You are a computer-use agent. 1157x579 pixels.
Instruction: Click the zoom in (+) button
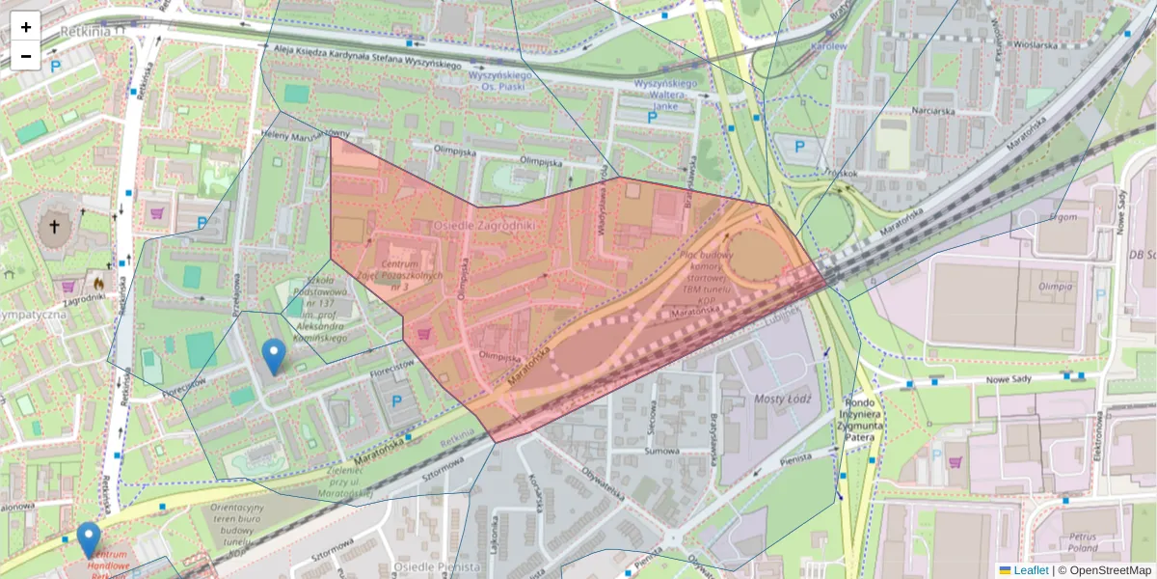(26, 26)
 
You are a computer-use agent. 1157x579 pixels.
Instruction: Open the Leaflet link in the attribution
(1031, 570)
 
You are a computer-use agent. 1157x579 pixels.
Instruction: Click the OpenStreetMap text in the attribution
(1110, 570)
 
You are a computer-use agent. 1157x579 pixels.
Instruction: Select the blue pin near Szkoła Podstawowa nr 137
(274, 356)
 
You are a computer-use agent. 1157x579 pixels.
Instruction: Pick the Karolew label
(828, 45)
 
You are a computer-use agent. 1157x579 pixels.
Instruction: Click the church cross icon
(54, 228)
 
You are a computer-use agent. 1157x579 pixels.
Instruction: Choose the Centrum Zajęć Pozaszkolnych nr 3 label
(400, 276)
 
